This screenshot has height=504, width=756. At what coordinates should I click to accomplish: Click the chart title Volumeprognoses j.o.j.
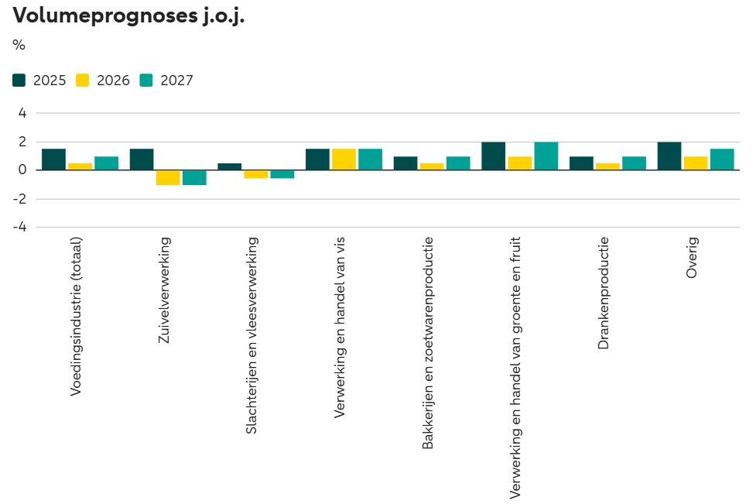(128, 16)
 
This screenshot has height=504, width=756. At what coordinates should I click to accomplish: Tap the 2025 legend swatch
(20, 80)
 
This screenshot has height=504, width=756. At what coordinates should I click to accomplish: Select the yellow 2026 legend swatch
(84, 80)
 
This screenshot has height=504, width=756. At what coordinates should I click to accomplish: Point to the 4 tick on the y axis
(22, 113)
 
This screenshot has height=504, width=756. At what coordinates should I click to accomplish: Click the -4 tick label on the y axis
(20, 228)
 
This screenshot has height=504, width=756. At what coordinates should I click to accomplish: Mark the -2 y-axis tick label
(20, 199)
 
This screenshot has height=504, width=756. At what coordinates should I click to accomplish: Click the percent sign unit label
(19, 45)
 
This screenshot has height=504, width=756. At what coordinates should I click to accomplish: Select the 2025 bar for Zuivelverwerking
(142, 159)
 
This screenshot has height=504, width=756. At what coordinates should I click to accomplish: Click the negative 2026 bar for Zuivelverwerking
(168, 177)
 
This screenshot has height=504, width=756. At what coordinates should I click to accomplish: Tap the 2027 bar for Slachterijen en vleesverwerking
(282, 174)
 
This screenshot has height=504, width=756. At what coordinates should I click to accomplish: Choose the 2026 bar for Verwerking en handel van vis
(344, 159)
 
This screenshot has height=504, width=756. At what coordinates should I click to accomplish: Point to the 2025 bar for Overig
(669, 156)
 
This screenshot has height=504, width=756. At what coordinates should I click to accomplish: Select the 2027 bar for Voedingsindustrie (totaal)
(107, 163)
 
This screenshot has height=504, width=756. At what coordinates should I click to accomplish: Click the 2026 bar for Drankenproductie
(607, 166)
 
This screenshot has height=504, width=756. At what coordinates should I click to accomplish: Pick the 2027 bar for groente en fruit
(546, 156)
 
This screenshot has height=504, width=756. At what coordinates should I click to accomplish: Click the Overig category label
(691, 257)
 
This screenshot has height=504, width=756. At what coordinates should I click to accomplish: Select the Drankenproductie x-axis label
(604, 293)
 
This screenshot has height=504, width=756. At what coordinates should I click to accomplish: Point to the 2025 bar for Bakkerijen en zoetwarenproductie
(405, 163)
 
